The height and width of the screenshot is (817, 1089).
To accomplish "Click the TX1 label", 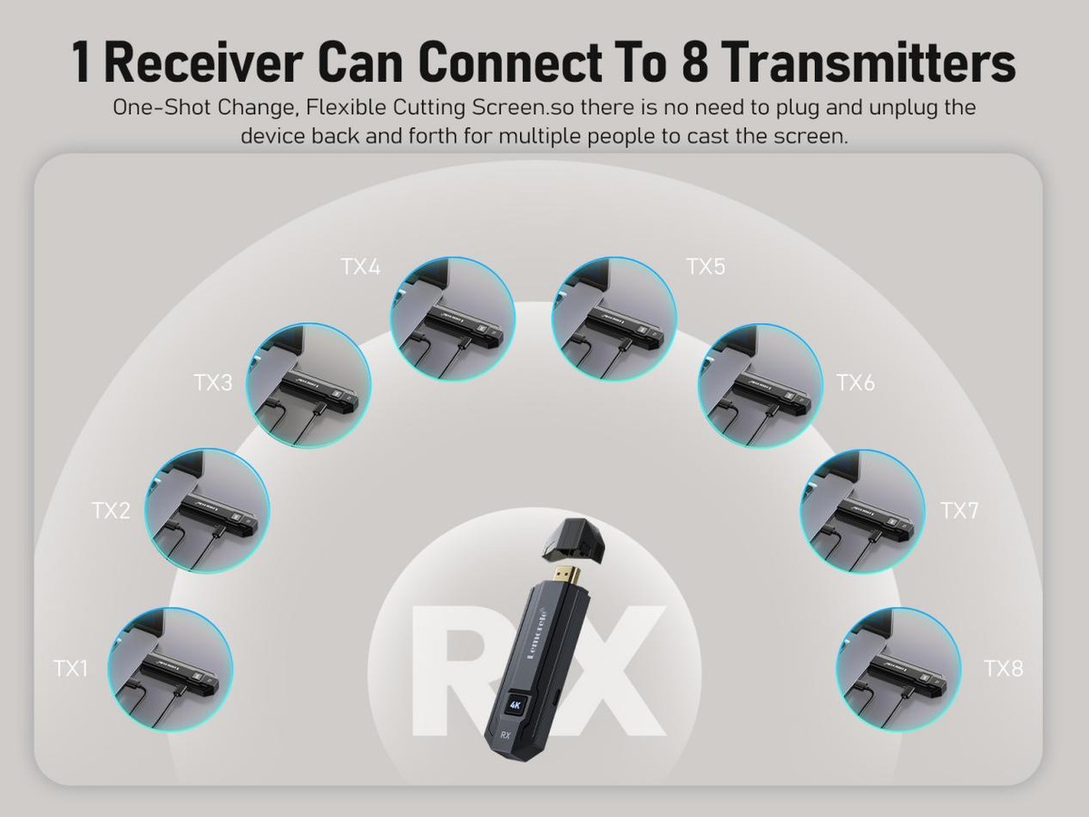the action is click(71, 669).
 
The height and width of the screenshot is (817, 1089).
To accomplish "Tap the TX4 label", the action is click(360, 268).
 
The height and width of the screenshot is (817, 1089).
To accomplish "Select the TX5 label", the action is click(705, 267).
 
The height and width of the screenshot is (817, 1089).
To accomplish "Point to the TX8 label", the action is click(1003, 669).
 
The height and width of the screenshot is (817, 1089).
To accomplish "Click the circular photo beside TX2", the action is click(208, 511).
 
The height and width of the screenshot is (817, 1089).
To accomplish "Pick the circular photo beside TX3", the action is click(309, 387).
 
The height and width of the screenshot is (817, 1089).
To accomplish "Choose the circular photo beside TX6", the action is click(760, 387).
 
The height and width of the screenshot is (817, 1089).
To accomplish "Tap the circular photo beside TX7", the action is click(862, 511).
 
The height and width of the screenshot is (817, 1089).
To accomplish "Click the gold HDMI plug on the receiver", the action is click(568, 576).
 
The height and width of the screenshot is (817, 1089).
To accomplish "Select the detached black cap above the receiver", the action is click(575, 541).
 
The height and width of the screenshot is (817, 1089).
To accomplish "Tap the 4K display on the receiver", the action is click(515, 705).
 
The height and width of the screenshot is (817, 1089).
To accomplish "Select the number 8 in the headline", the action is click(694, 63).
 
